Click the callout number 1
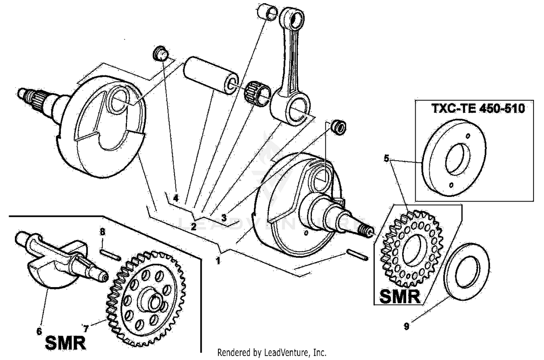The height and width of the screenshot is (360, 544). pos(218,260)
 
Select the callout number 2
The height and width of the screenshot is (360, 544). pos(193,227)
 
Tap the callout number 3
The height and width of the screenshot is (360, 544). pos(224,218)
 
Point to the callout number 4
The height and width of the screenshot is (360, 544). pos(176,198)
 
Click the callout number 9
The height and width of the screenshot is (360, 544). pos(407,326)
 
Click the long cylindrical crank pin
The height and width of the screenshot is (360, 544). pos(211,75)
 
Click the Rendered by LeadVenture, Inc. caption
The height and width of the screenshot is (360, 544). pos(272,352)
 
